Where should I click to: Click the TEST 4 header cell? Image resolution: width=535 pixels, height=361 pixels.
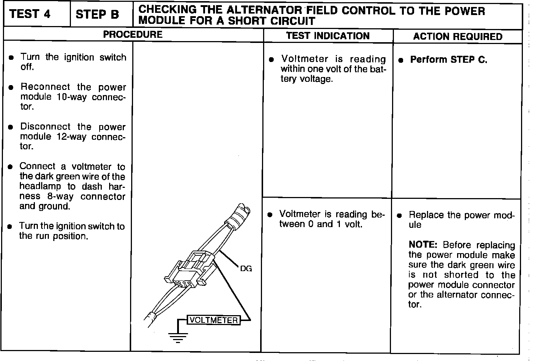point(30,14)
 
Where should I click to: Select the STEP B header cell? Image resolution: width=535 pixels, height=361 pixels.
point(97,14)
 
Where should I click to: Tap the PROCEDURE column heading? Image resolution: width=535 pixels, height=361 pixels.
point(133,34)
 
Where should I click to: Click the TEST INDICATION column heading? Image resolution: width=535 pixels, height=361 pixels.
point(328,36)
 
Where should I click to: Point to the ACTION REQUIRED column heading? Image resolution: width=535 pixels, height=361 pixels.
point(457,36)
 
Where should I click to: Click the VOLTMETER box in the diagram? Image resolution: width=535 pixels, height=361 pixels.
point(213,320)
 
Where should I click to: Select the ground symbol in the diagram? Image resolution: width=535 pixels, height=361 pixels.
point(178,336)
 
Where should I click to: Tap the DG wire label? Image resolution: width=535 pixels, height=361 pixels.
point(246,269)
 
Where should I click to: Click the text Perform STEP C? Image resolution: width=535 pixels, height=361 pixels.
point(449,59)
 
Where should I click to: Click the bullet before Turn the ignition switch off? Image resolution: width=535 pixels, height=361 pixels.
point(12,58)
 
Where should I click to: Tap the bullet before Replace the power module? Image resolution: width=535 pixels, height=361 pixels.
point(400,216)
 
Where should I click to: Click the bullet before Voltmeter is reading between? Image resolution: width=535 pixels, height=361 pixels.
point(270,215)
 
